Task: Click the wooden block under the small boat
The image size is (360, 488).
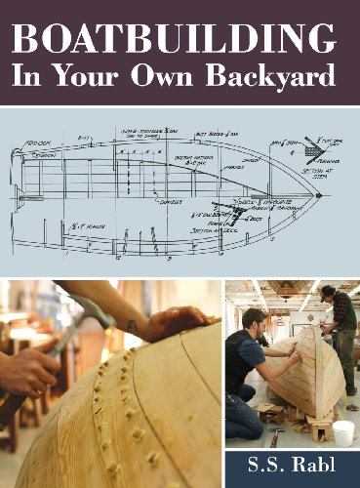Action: point(319,426)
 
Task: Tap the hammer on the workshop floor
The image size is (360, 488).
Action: point(277,438)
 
